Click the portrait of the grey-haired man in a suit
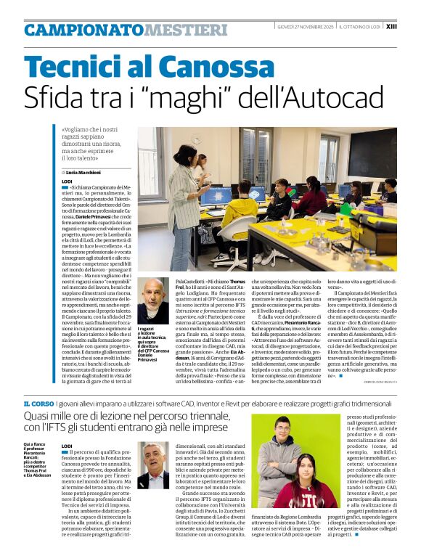click(155, 465)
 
